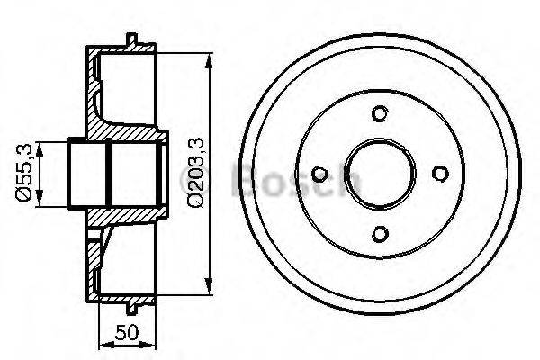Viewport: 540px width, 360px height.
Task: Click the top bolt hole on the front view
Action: pos(380,113)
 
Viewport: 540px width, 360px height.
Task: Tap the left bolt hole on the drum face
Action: pos(319,175)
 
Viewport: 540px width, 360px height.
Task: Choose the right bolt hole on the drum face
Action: pos(440,175)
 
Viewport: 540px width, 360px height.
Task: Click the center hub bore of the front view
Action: pos(380,175)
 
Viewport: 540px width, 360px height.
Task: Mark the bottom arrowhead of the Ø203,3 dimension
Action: pos(211,290)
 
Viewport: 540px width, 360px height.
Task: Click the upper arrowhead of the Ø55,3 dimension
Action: pos(41,145)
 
